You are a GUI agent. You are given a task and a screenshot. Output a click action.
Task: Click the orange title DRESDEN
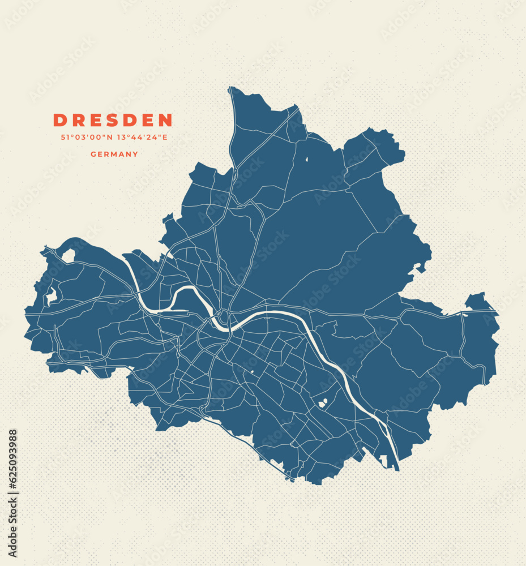coord(113,120)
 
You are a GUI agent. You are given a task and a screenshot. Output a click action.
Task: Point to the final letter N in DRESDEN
coord(165,120)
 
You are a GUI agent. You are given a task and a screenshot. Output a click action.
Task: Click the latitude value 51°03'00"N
coord(86,137)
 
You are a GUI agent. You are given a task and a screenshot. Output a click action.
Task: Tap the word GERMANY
coord(114,154)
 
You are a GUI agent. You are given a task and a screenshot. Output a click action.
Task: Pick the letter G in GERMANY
coord(93,154)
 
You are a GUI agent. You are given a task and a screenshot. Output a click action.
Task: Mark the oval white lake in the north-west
coord(69,255)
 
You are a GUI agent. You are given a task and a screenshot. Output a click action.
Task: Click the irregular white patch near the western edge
coord(51,296)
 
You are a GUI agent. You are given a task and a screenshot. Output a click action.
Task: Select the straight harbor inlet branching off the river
coord(173,311)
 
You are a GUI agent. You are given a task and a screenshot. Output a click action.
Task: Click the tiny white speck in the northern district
coord(306,159)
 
